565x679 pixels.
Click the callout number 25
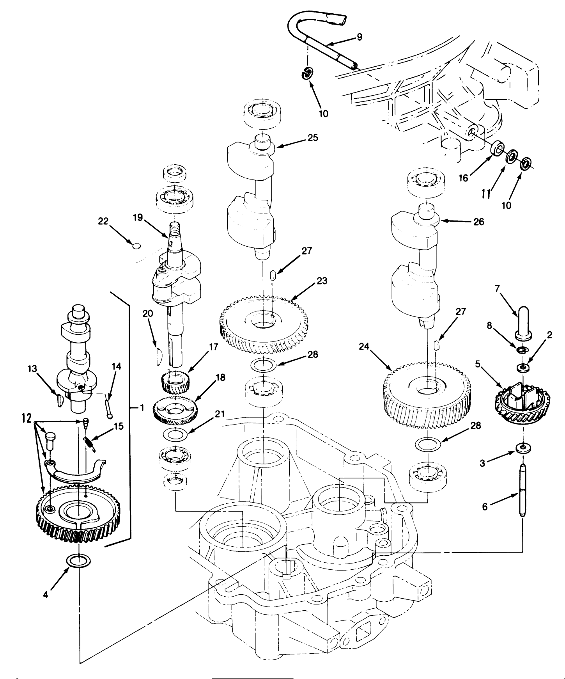click(312, 138)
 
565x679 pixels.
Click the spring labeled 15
click(89, 444)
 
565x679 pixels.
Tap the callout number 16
click(463, 178)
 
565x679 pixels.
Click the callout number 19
click(138, 218)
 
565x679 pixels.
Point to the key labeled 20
click(157, 356)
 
